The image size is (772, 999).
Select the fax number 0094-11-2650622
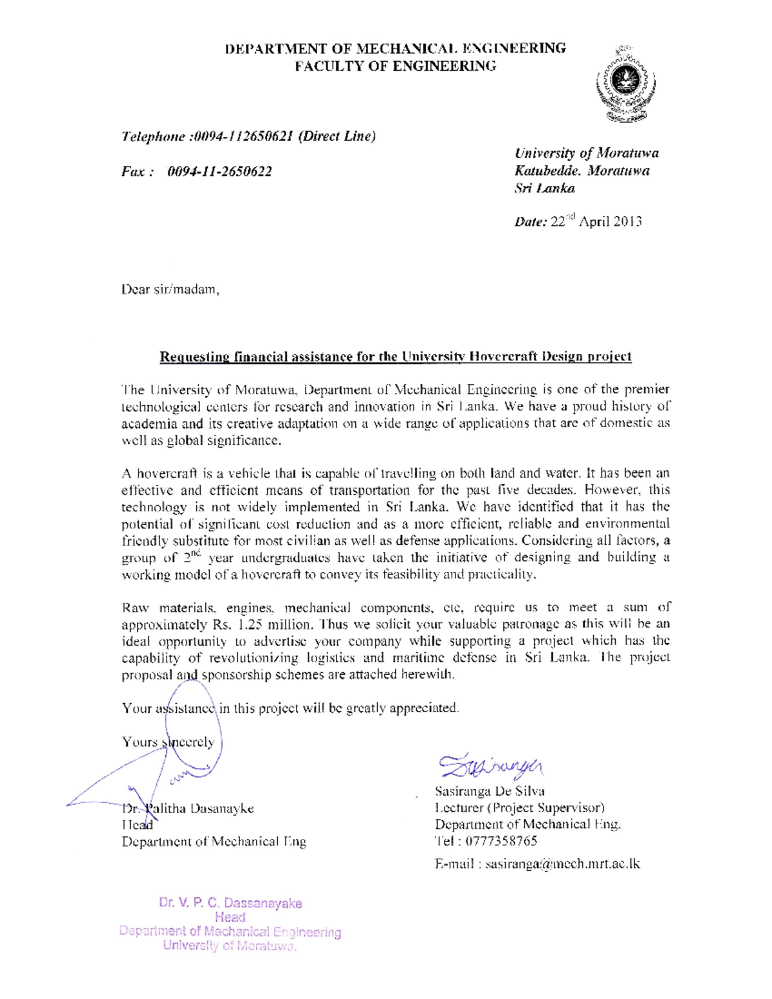click(219, 172)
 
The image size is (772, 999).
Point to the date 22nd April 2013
click(596, 222)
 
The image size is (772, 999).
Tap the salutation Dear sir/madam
click(170, 289)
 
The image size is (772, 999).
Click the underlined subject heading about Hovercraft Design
click(396, 356)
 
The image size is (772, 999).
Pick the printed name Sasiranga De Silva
click(490, 791)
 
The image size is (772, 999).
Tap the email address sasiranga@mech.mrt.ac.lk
click(563, 864)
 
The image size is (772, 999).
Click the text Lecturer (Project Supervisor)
click(520, 808)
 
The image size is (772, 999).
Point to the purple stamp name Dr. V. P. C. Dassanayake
click(230, 903)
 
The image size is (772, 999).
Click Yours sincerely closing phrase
click(169, 742)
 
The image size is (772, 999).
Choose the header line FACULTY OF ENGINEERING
click(396, 66)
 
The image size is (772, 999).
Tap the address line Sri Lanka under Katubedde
click(544, 188)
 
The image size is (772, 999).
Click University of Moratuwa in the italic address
click(586, 153)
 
